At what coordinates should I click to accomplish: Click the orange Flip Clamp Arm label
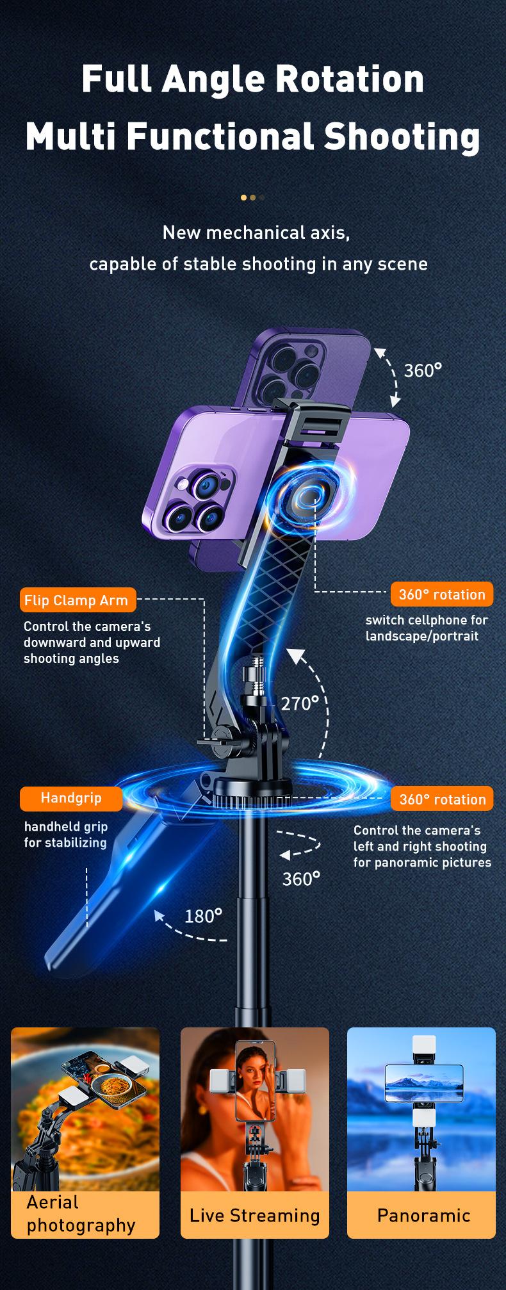tap(78, 600)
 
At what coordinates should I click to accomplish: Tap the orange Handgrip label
tap(71, 798)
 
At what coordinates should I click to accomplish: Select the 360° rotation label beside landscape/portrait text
tap(442, 594)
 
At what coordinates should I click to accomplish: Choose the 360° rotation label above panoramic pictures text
tap(442, 799)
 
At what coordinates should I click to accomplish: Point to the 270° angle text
tap(300, 704)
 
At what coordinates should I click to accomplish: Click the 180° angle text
tap(203, 917)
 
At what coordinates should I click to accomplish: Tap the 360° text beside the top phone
tap(423, 370)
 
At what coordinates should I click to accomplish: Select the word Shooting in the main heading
tap(402, 136)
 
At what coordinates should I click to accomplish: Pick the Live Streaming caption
tap(254, 1215)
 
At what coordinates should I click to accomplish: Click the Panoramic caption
tap(423, 1215)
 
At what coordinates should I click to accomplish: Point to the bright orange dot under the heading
tap(243, 197)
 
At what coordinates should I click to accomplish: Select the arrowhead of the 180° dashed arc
tap(159, 915)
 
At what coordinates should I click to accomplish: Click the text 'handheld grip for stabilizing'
tap(65, 835)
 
